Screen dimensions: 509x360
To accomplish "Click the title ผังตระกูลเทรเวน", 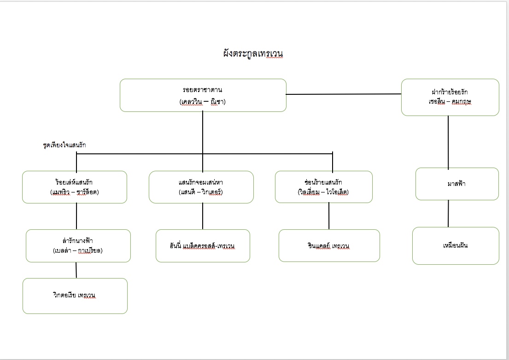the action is (253, 53).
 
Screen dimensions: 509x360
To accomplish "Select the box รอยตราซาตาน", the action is (203, 95).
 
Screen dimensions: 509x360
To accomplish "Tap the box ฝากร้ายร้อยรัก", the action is (450, 97).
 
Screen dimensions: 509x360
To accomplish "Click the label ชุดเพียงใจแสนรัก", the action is (64, 145).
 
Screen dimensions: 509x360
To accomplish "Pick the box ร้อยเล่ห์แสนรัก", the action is (75, 187).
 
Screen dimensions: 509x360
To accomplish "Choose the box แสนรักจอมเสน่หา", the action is (201, 187).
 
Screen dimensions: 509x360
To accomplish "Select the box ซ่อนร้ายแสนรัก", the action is (324, 187).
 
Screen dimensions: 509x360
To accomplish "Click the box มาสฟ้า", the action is (457, 184).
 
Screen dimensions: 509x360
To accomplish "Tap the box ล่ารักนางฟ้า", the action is (78, 246).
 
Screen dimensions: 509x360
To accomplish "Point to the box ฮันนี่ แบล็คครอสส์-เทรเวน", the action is (203, 246).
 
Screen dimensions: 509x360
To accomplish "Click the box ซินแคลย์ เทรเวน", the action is (329, 245).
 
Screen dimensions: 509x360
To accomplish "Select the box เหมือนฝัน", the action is (456, 246).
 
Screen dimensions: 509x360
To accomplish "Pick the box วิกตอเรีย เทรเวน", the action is (75, 296).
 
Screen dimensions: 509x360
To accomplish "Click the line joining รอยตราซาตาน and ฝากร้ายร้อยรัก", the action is (344, 94).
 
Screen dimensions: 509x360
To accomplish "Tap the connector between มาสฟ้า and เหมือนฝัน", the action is (448, 214).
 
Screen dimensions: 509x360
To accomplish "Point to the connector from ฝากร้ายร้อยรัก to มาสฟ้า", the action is (448, 142).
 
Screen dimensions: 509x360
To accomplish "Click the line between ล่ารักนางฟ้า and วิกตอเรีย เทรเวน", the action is (76, 270).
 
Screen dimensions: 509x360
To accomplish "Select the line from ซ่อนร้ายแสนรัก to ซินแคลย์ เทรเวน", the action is (329, 216).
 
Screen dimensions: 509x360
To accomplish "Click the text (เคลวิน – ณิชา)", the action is (203, 102).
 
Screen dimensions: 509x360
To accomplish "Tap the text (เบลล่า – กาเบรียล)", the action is (78, 250).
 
